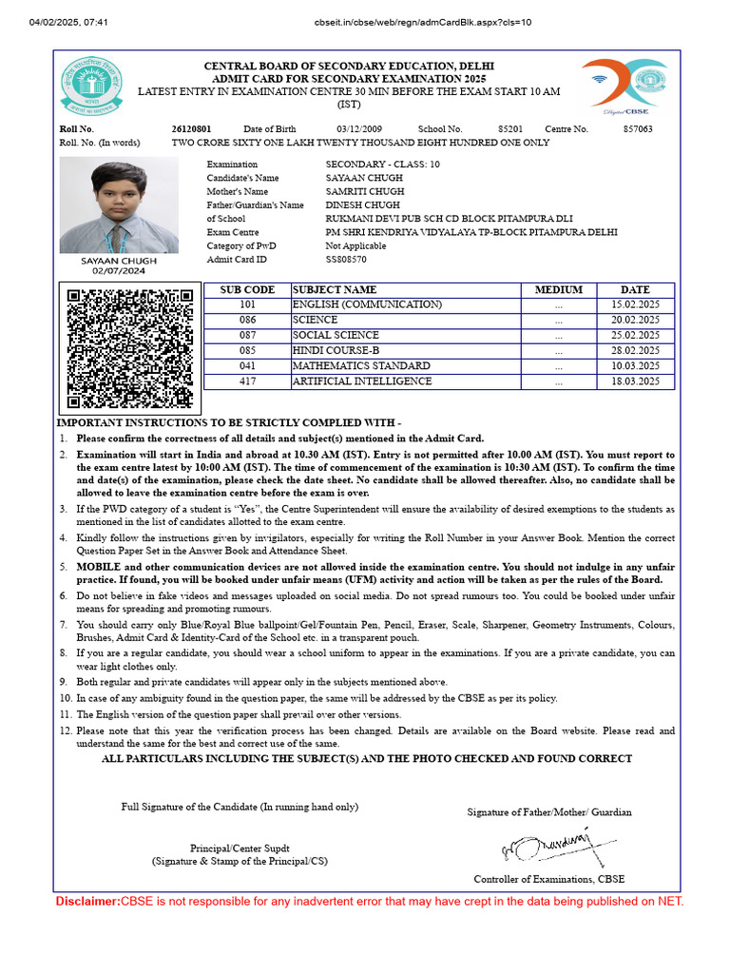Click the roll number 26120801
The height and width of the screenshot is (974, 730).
[191, 128]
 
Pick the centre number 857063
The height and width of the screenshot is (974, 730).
[638, 128]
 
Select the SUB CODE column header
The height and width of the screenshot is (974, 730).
[247, 289]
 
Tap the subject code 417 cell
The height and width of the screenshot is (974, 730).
[247, 381]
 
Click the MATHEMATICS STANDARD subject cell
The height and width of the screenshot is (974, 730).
[361, 366]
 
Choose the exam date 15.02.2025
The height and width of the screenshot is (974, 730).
[635, 304]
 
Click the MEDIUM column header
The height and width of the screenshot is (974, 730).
[559, 289]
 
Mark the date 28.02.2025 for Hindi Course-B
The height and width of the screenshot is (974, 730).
[635, 351]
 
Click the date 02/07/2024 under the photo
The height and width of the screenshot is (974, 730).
[118, 271]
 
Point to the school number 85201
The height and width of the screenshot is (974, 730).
[510, 128]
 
